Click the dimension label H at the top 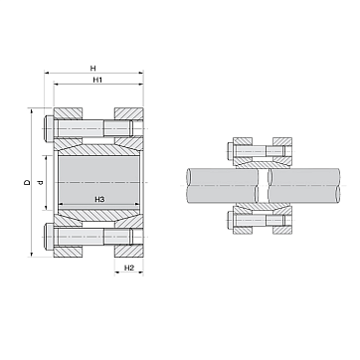pos(93,69)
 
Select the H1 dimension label pos(97,80)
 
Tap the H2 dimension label pos(129,268)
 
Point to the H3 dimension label pos(99,199)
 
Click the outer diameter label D pos(27,182)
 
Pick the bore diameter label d pos(41,182)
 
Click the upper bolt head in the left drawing pos(49,128)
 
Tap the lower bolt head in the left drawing pos(49,237)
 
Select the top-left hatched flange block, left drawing pos(68,113)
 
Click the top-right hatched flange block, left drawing pos(129,113)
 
